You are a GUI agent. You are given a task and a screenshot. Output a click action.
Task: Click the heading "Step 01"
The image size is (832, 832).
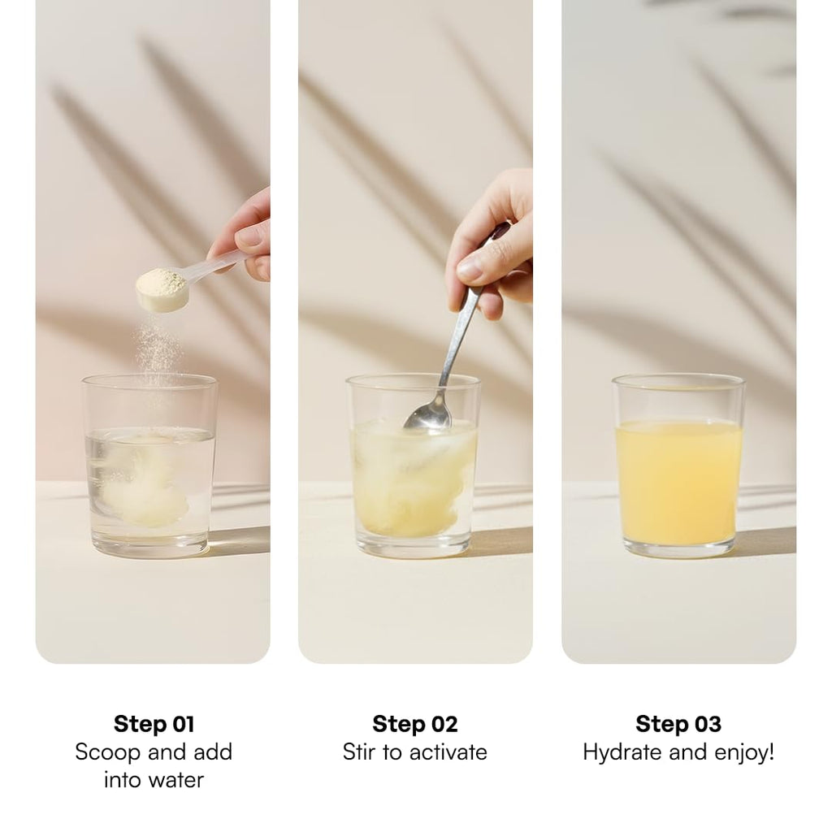click(154, 724)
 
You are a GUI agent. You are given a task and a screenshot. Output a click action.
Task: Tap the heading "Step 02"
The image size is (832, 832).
click(415, 724)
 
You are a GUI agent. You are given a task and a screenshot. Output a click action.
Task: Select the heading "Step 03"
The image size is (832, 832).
click(678, 724)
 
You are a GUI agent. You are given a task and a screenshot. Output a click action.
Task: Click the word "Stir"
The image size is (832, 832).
click(360, 752)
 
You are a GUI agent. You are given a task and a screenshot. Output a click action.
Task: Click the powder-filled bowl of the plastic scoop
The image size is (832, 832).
click(162, 288)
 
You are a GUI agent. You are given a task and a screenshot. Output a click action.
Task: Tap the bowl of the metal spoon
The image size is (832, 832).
click(429, 412)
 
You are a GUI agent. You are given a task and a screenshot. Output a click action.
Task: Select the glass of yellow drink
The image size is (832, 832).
click(678, 466)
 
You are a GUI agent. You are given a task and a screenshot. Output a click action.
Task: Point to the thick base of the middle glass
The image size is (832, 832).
click(414, 546)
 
